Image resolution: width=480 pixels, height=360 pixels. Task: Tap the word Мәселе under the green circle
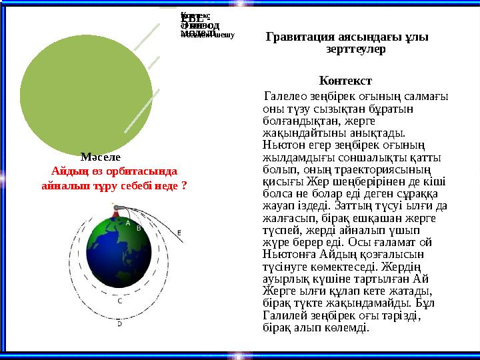(99, 158)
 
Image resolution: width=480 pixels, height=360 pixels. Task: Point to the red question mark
(184, 183)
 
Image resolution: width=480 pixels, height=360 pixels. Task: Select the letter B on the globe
(139, 228)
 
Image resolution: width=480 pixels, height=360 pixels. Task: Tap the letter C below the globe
(119, 301)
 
